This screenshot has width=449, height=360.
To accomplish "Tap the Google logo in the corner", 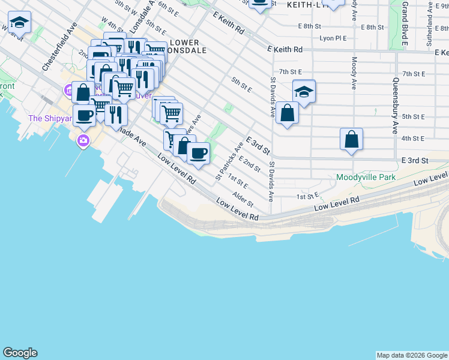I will [x=20, y=353].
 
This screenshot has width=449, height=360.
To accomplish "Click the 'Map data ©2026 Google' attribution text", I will [x=412, y=355].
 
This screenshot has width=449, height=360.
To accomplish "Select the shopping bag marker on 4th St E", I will [x=351, y=140].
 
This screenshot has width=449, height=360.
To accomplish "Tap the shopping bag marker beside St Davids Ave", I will [x=288, y=113].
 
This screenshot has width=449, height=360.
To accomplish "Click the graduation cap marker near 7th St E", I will [x=304, y=92].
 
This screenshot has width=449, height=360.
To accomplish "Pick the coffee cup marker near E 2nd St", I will [x=198, y=154].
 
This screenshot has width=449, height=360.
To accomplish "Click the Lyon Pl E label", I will [x=334, y=37].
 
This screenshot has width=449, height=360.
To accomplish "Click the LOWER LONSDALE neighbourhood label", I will [x=188, y=46].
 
